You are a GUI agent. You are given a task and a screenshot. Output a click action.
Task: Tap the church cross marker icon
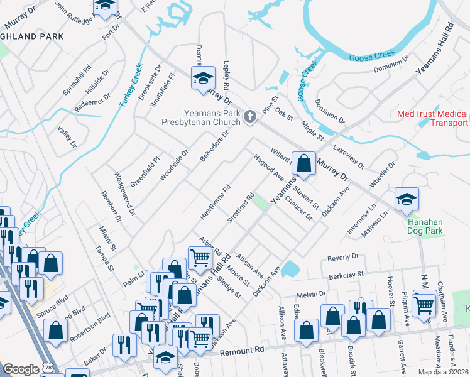[250, 116]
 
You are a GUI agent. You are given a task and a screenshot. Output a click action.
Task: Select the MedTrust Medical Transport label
[433, 118]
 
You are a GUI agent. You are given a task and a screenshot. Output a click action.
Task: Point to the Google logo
[21, 369]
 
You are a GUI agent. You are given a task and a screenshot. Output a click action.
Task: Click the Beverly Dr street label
[342, 257]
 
